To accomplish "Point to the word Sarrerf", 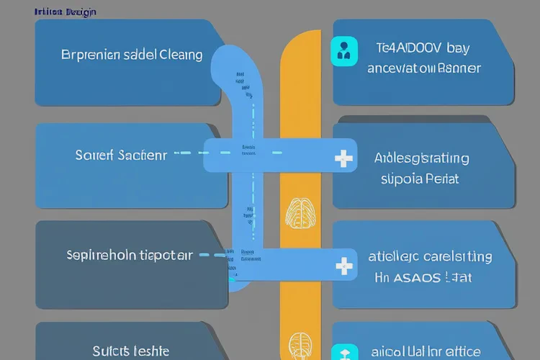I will (x=94, y=155).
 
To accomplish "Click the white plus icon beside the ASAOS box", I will (x=345, y=266).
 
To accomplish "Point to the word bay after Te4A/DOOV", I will (x=457, y=48).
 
